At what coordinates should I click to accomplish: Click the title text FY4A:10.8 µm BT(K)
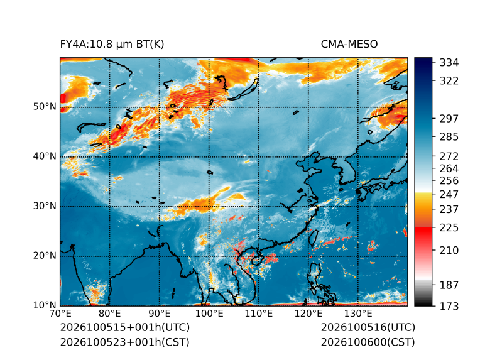click(x=112, y=45)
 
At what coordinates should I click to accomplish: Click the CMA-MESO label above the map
click(x=349, y=45)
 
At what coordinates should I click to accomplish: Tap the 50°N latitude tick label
click(x=45, y=107)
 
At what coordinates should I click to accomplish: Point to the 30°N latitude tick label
click(x=45, y=206)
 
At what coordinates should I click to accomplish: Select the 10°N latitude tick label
click(x=45, y=305)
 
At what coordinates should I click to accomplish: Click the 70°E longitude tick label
click(x=60, y=314)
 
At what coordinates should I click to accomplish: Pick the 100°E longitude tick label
click(x=209, y=314)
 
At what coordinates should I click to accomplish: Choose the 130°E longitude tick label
click(x=358, y=314)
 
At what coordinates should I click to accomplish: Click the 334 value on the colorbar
click(x=449, y=63)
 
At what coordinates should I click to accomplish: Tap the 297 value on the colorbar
click(x=449, y=119)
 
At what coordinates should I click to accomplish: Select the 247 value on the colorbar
click(x=449, y=194)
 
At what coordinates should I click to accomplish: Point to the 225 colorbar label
click(x=449, y=228)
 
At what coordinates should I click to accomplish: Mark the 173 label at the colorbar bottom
click(x=449, y=306)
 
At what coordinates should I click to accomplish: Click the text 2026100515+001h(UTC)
click(x=125, y=327)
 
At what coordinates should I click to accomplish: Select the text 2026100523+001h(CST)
click(x=125, y=342)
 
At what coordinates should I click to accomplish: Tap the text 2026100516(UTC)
click(x=368, y=327)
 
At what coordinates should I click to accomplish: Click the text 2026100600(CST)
click(x=368, y=342)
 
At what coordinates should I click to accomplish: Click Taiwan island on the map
click(x=313, y=238)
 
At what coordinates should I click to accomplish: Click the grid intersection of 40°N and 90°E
click(x=160, y=157)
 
